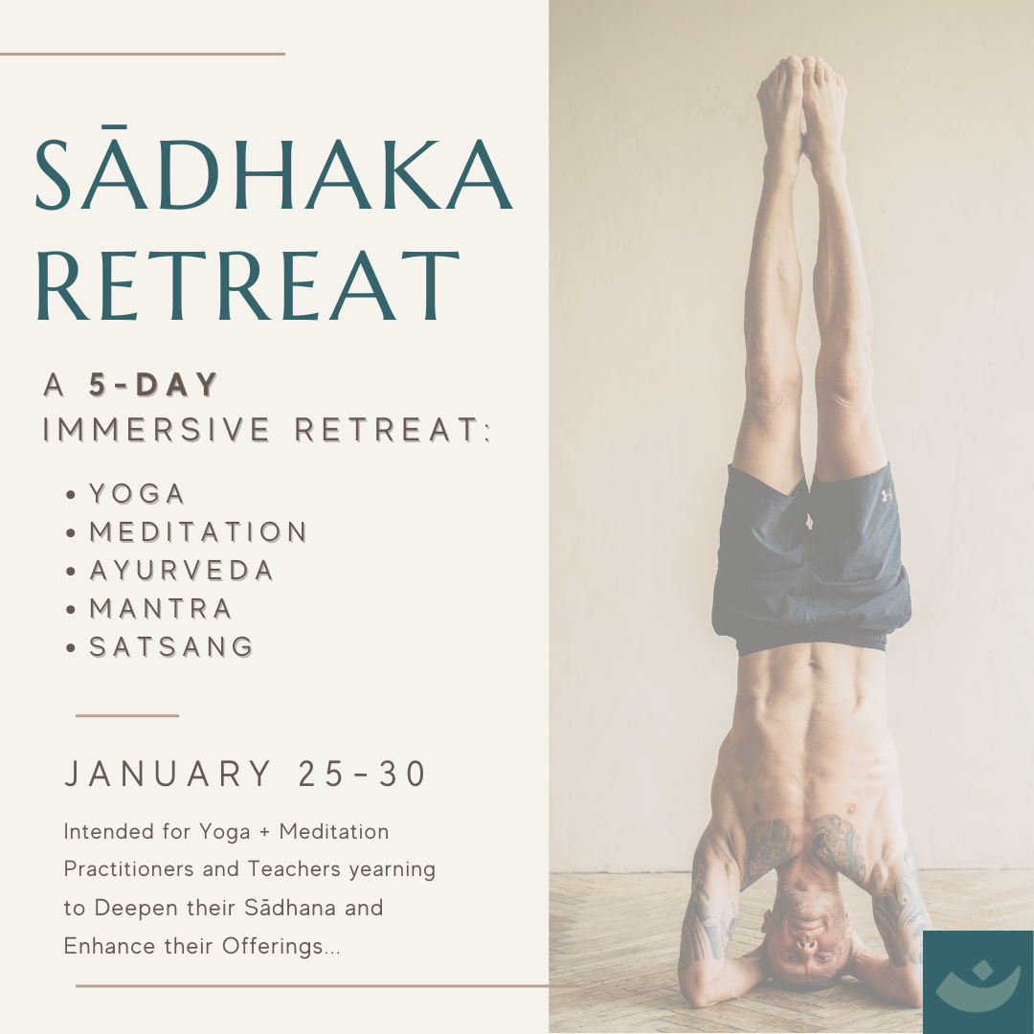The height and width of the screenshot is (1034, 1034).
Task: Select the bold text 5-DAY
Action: pyautogui.click(x=153, y=385)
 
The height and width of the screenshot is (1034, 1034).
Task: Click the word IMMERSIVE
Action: pyautogui.click(x=156, y=429)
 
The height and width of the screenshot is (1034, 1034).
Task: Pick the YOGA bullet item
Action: pyautogui.click(x=137, y=494)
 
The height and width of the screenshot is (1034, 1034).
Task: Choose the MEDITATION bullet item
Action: pyautogui.click(x=198, y=532)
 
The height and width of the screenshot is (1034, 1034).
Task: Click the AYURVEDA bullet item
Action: pyautogui.click(x=181, y=571)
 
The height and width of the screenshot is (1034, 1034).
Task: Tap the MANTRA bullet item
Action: pyautogui.click(x=161, y=609)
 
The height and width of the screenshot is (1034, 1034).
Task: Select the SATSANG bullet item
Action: pyautogui.click(x=171, y=647)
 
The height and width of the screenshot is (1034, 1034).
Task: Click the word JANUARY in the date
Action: pyautogui.click(x=169, y=774)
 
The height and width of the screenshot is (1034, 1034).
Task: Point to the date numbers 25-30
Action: pyautogui.click(x=362, y=774)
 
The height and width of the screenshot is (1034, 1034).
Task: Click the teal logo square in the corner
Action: pyautogui.click(x=978, y=982)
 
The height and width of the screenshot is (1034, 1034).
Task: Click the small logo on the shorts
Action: pyautogui.click(x=887, y=495)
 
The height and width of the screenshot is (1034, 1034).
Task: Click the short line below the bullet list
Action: pyautogui.click(x=127, y=715)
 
